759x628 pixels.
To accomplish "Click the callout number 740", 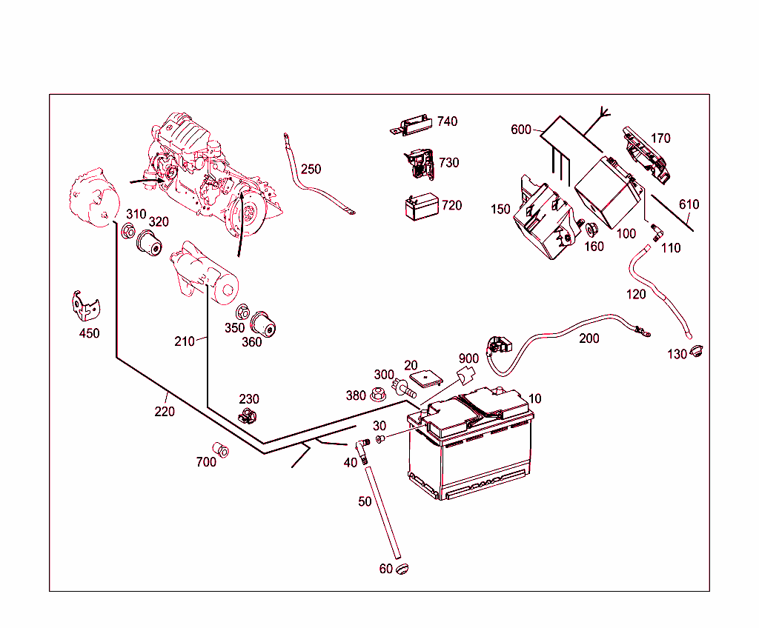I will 447,121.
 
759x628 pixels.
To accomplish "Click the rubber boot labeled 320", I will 150,241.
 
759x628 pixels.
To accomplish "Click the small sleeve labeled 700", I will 220,450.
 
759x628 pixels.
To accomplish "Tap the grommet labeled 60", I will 402,569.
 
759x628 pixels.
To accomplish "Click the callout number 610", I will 688,204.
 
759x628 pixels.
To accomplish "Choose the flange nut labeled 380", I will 377,394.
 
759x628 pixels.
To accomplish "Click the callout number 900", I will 468,358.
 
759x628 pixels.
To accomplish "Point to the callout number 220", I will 165,411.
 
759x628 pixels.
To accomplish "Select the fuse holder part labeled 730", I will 420,164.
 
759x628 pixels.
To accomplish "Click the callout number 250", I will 311,169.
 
